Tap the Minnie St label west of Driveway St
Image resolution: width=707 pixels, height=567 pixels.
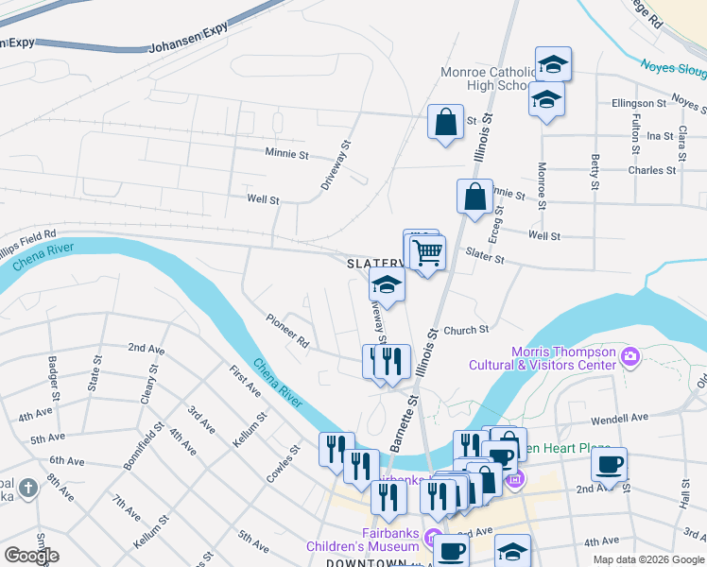pyautogui.click(x=286, y=153)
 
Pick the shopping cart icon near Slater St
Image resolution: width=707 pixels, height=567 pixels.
pyautogui.click(x=427, y=252)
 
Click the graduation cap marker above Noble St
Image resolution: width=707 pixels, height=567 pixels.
pyautogui.click(x=388, y=283)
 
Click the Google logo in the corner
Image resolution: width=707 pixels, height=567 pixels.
pyautogui.click(x=32, y=556)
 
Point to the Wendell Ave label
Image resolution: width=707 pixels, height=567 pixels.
pyautogui.click(x=619, y=417)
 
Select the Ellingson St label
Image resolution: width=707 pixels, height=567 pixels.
pyautogui.click(x=639, y=103)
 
